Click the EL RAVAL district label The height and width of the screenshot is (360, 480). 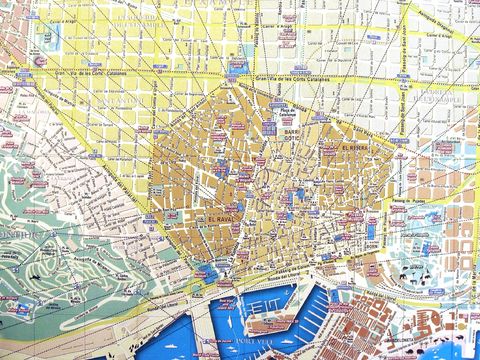tap(223, 217)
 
